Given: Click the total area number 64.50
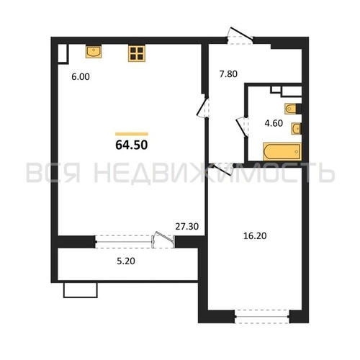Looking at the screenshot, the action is coord(132,145).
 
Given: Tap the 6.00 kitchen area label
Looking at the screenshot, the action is coord(81,77).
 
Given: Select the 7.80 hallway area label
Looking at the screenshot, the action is coord(228,74).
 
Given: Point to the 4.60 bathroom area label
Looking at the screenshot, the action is coord(274,123).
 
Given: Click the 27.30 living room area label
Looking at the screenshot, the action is coord(187,226).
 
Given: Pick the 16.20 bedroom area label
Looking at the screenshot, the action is coord(255,236).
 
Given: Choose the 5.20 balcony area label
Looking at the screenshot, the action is coord(126,261).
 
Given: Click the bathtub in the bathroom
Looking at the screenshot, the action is coord(282,151).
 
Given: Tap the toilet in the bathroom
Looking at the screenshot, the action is coord(293,109).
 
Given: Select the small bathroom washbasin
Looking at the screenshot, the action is coord(297,129).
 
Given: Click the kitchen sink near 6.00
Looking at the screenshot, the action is coord(94,52).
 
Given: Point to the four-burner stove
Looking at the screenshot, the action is coord(137,53).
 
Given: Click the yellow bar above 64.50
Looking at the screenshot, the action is coord(132,134).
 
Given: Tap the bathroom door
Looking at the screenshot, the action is coord(242,127).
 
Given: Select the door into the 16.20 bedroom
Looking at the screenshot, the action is coord(222,168).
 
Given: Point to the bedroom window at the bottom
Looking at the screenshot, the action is coord(262,317).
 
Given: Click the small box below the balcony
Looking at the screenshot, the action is coord(81,290).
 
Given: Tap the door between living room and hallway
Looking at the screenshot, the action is coord(203,107).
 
